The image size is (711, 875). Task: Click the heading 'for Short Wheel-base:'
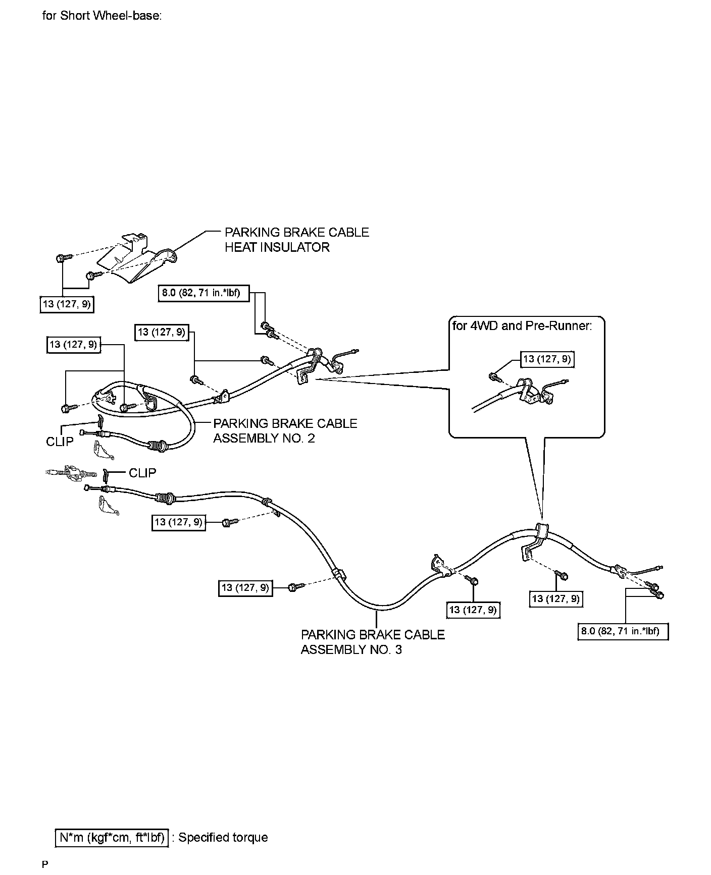point(102,16)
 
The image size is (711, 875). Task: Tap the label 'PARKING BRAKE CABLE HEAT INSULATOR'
point(296,240)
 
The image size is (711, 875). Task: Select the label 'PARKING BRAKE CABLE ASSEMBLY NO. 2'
point(285,430)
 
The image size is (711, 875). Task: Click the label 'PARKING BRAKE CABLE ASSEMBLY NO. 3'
point(373,641)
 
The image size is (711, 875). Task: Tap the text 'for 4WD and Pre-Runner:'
point(522,325)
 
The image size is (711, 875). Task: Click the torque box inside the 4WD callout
point(547,359)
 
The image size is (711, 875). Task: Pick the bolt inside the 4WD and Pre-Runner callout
point(494,376)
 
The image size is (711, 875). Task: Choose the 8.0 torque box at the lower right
point(623,631)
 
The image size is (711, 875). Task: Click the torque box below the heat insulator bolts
point(67,304)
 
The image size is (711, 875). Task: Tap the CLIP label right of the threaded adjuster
point(142,473)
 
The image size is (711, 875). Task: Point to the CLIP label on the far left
point(60,442)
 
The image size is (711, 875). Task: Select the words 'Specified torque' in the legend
point(223,838)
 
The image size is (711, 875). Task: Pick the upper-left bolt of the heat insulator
point(62,258)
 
